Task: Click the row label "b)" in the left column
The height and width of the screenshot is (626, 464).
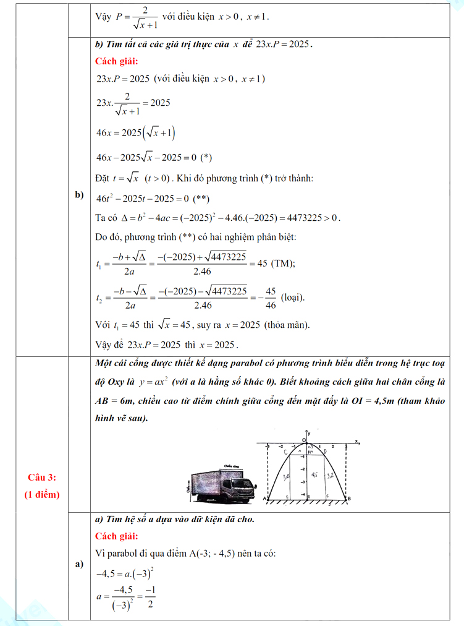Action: pos(79,195)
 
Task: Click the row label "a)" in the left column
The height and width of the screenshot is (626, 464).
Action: pos(79,564)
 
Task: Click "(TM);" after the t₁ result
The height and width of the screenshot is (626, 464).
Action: pos(283,264)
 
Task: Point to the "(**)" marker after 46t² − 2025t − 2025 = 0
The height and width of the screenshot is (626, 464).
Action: pos(201,199)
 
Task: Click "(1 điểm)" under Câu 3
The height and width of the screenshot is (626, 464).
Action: pos(42,494)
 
